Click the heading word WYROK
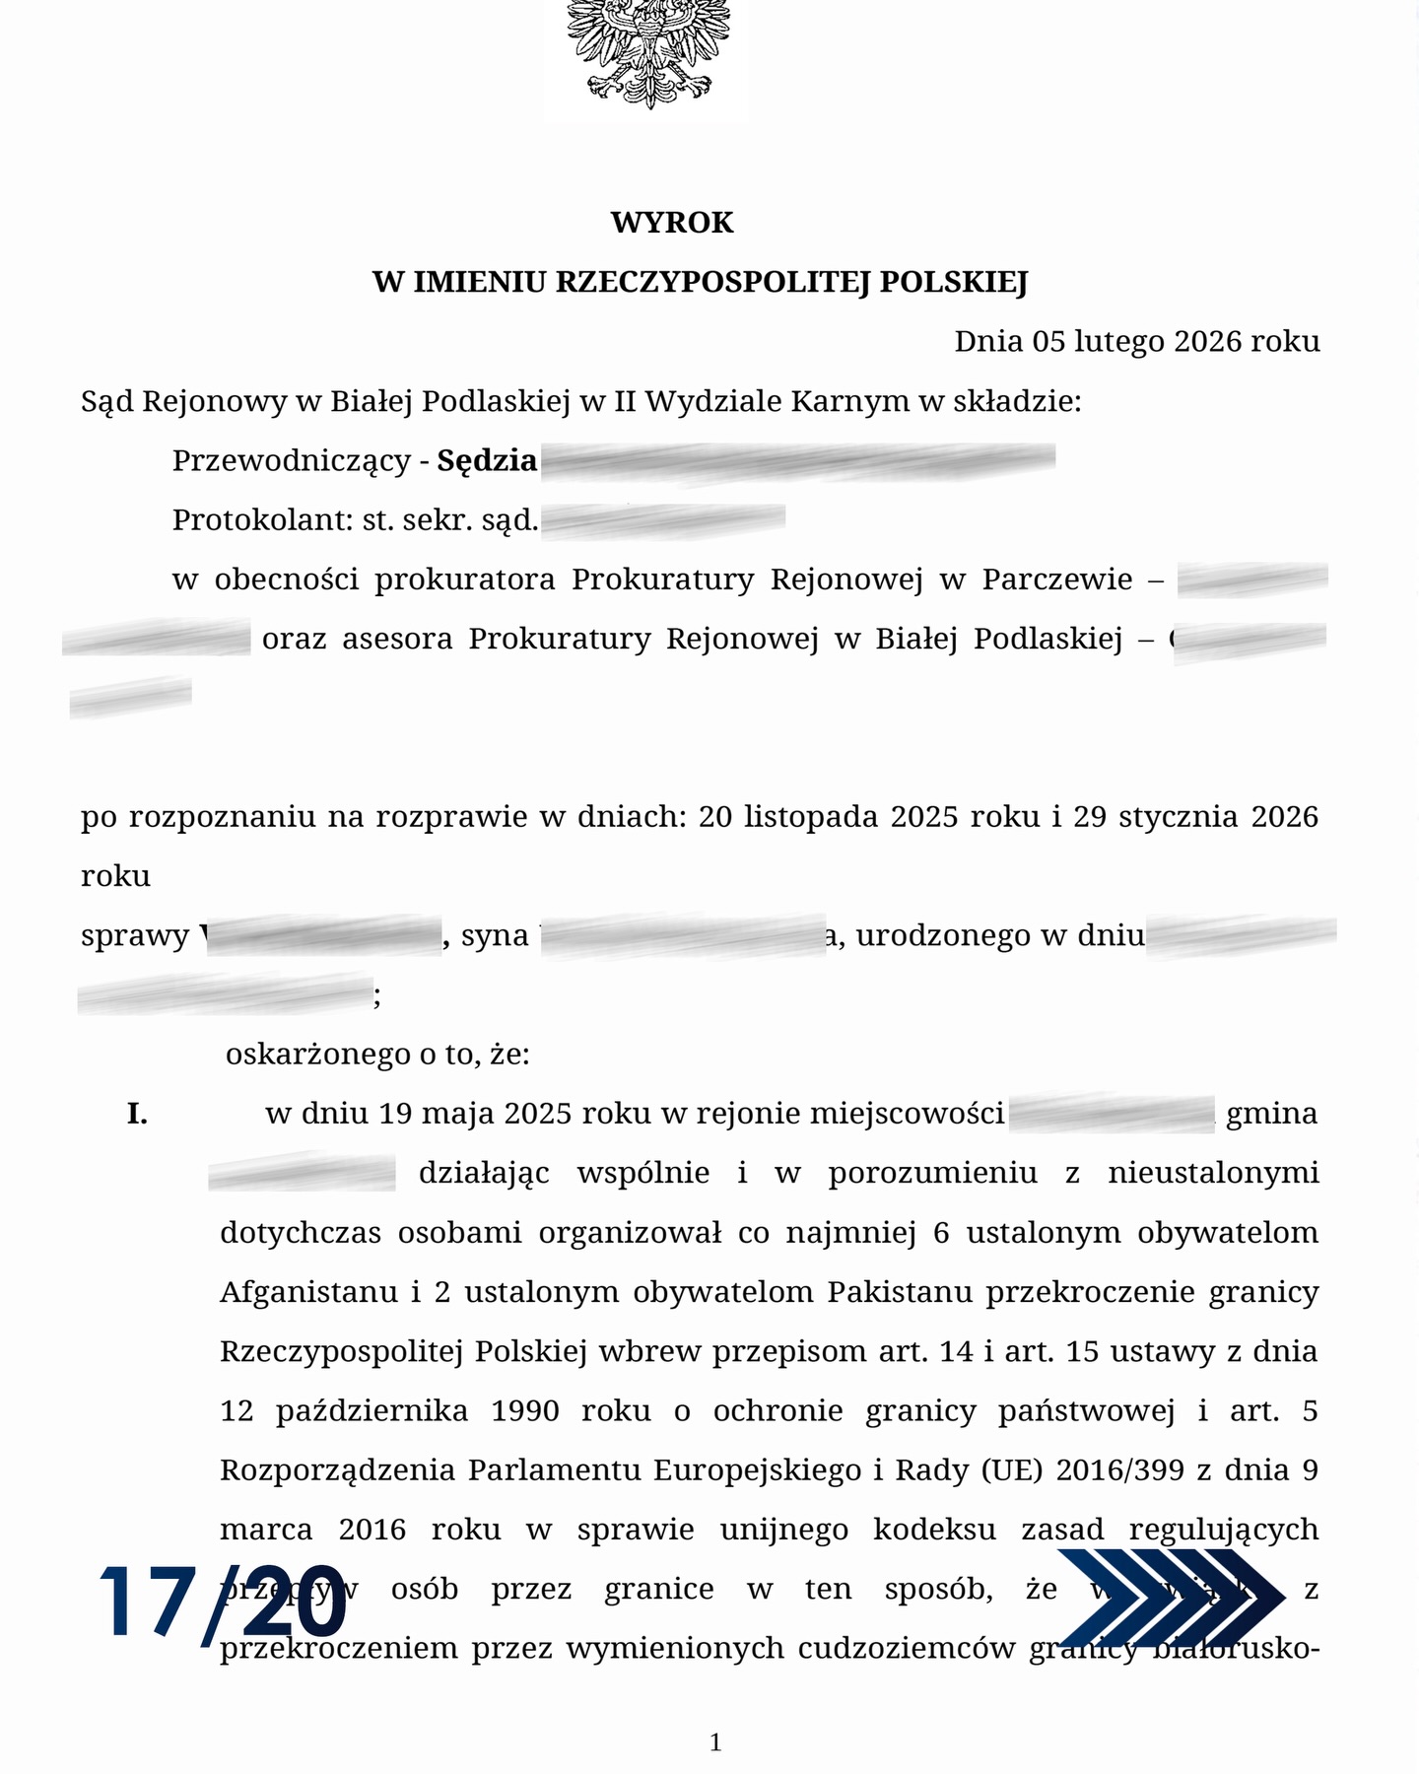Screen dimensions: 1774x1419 672,223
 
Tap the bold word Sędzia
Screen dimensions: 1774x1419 487,460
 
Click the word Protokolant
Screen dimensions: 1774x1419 257,519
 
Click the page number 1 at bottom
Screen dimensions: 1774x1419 715,1742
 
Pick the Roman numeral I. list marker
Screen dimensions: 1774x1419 137,1115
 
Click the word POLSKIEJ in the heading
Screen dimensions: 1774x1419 953,283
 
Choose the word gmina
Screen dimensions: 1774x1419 1271,1114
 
